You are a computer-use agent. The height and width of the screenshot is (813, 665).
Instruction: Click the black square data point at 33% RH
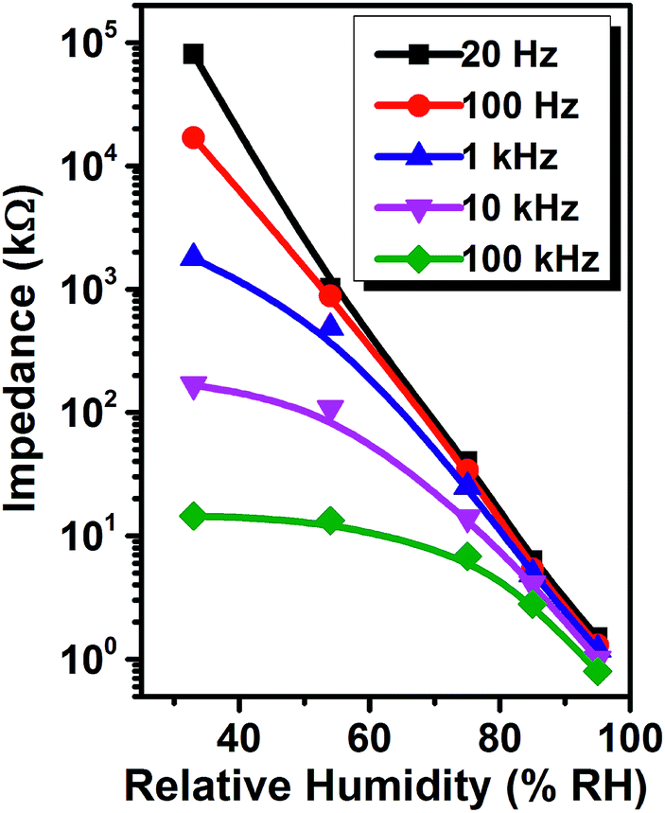pyautogui.click(x=193, y=54)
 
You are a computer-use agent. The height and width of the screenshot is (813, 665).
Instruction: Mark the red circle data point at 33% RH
pyautogui.click(x=193, y=138)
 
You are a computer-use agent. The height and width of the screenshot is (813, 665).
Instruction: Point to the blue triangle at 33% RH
pyautogui.click(x=193, y=257)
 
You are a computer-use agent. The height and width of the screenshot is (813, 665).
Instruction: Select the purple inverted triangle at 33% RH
pyautogui.click(x=193, y=387)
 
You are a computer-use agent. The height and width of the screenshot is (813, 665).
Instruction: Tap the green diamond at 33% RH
pyautogui.click(x=193, y=516)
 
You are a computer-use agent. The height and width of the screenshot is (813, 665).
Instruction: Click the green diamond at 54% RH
pyautogui.click(x=330, y=521)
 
